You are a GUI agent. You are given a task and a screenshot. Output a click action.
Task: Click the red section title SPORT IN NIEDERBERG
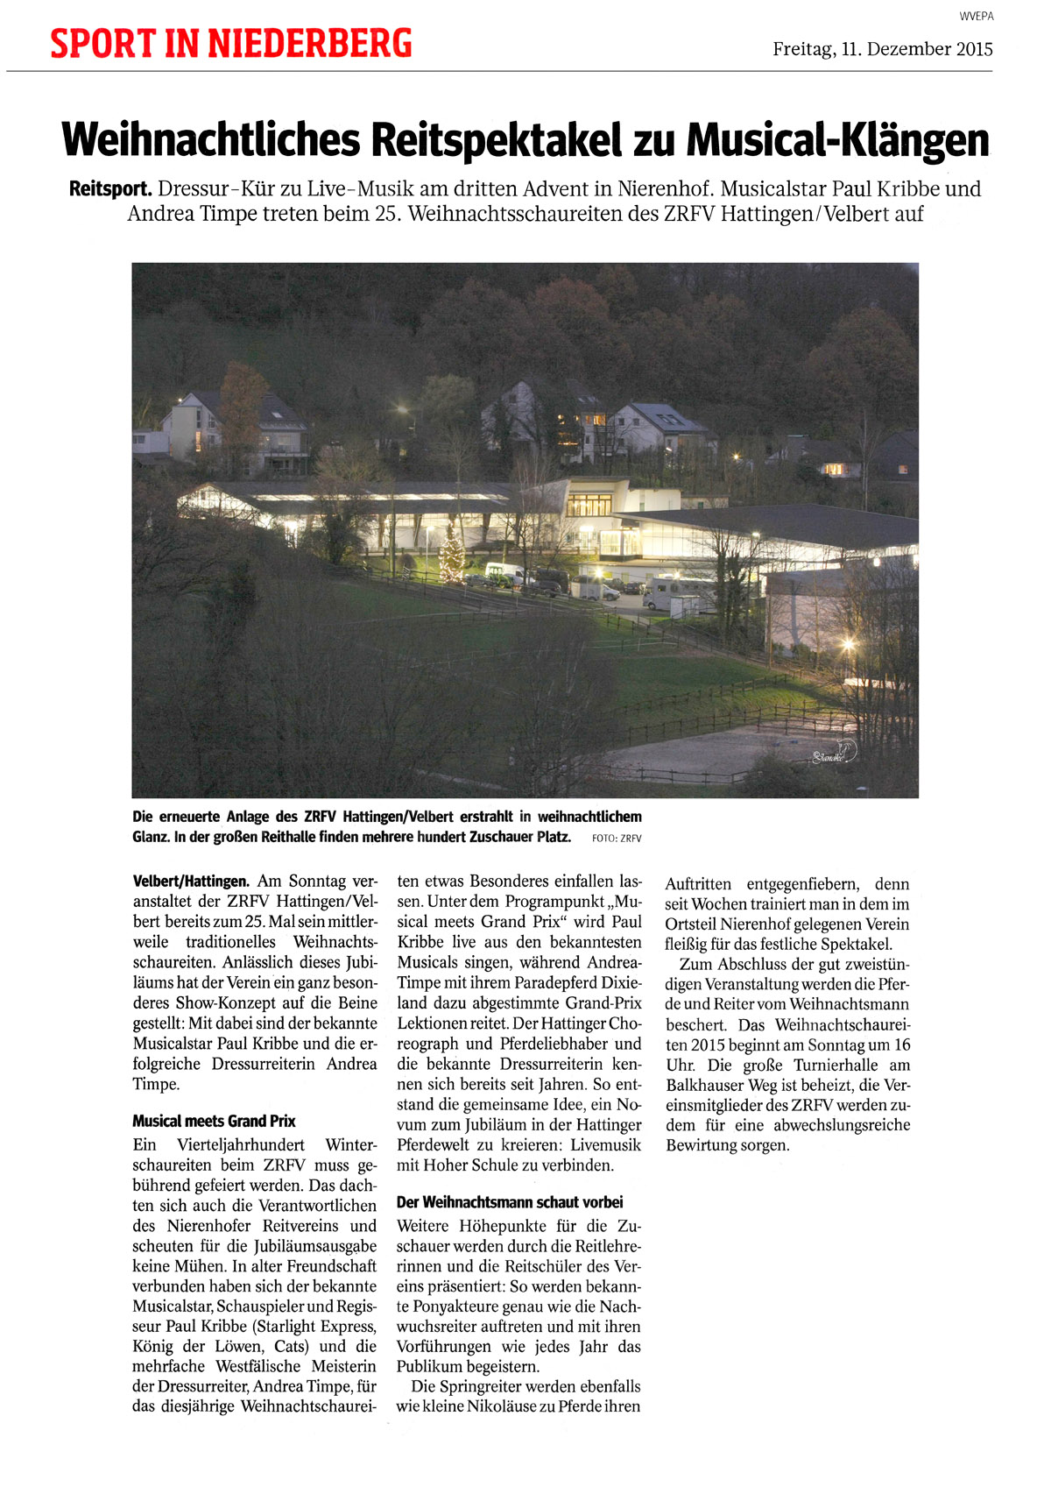coord(230,44)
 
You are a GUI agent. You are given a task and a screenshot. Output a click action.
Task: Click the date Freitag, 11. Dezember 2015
coord(882,49)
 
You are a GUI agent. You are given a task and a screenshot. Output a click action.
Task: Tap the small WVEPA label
coord(976,17)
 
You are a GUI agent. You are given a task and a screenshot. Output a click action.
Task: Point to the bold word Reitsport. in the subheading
coord(111,188)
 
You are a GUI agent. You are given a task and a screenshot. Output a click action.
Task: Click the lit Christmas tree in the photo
coord(452,557)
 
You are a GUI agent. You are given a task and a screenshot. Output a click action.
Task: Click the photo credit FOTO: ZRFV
coord(617,839)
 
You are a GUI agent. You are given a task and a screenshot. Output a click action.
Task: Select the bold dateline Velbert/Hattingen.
coord(191,882)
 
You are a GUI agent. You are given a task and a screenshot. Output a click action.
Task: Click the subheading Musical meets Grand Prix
coord(214,1121)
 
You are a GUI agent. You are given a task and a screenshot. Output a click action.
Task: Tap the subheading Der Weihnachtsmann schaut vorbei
coord(510,1202)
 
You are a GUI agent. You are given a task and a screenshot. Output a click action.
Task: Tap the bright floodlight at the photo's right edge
coord(848,647)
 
